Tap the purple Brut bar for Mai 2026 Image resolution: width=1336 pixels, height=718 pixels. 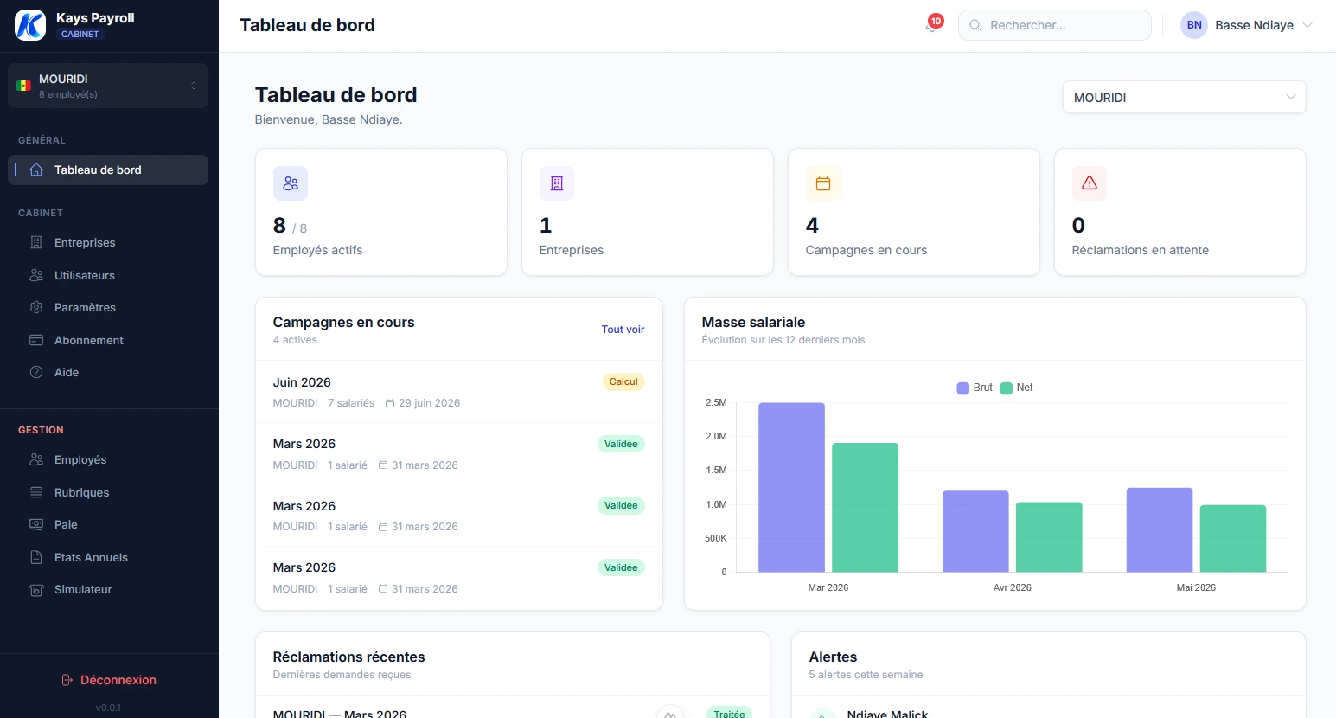(1159, 529)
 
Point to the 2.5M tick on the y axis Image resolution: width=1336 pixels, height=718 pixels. (716, 403)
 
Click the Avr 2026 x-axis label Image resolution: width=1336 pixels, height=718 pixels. (1012, 587)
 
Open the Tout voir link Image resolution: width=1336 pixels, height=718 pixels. (623, 330)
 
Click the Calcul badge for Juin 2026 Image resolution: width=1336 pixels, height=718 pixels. (623, 382)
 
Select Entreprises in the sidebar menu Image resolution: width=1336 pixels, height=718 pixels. (85, 243)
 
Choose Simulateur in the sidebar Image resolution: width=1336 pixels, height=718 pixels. (83, 590)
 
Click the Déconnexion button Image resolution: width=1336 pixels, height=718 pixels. (109, 680)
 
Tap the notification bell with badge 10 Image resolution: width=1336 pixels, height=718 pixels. (931, 26)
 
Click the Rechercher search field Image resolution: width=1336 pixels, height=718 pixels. (1055, 25)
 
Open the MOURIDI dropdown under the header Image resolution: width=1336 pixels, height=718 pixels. (1183, 98)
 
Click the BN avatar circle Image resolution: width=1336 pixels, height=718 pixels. (1193, 25)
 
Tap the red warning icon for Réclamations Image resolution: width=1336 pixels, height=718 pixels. (1089, 183)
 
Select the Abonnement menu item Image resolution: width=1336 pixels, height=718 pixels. (88, 341)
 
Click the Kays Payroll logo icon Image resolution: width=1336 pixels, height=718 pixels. (30, 25)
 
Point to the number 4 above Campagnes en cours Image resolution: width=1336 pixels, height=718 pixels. (812, 226)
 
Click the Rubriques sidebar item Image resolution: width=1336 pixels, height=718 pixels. (81, 493)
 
